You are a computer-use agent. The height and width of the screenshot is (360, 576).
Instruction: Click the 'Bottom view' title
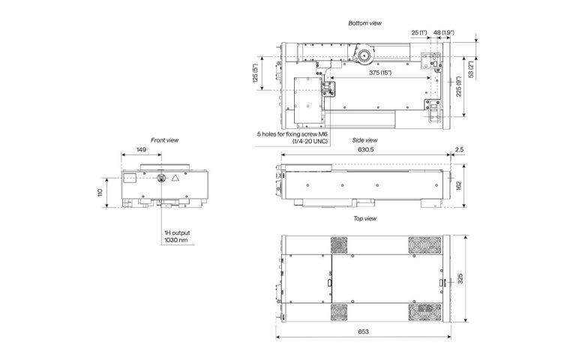[x=364, y=23]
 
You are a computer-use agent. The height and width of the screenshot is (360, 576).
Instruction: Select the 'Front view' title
[x=164, y=140]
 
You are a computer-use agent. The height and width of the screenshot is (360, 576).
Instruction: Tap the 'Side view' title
[x=364, y=140]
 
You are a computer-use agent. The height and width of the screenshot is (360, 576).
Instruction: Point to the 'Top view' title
[x=364, y=218]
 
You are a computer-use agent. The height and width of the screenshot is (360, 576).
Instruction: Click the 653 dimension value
[x=363, y=331]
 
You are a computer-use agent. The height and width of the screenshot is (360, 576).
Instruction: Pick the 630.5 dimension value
[x=365, y=150]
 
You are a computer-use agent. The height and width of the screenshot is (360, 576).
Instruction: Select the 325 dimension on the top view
[x=460, y=278]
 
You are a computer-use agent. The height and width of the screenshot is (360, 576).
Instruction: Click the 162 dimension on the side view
[x=458, y=185]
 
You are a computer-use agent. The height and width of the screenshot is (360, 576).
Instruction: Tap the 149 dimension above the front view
[x=141, y=150]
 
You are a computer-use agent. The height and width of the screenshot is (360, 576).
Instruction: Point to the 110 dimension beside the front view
[x=100, y=193]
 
